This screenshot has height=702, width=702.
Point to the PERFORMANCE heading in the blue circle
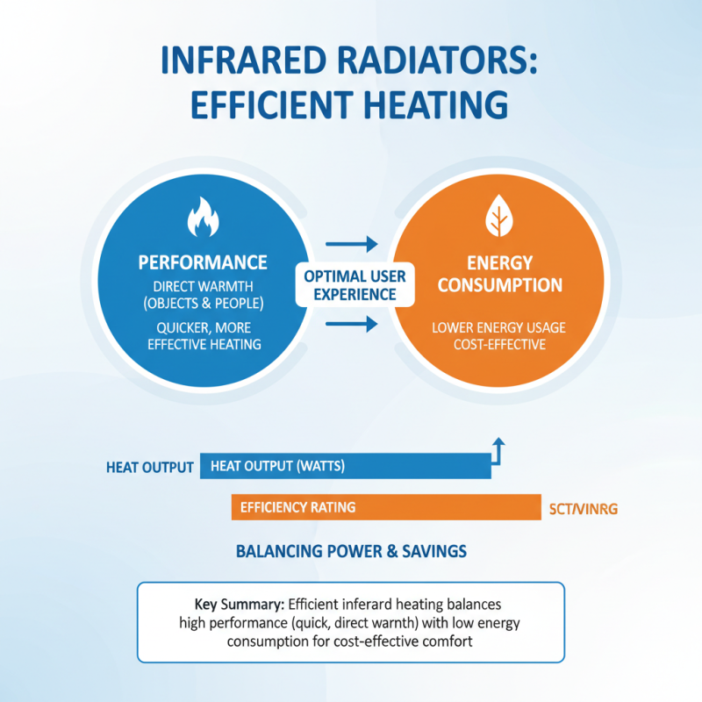pyautogui.click(x=202, y=262)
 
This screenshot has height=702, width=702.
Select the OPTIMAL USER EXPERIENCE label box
pyautogui.click(x=355, y=285)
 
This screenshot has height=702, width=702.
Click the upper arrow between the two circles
pyautogui.click(x=351, y=243)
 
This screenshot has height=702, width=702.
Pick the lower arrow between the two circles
pyautogui.click(x=351, y=326)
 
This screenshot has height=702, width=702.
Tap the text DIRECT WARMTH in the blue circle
pyautogui.click(x=202, y=286)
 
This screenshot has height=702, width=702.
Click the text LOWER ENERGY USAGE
pyautogui.click(x=499, y=327)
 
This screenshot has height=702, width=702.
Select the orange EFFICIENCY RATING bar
pyautogui.click(x=386, y=507)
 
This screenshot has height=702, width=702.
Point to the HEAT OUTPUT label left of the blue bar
pyautogui.click(x=149, y=467)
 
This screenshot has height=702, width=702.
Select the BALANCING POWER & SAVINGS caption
pyautogui.click(x=351, y=551)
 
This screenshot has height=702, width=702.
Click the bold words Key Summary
pyautogui.click(x=239, y=605)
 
